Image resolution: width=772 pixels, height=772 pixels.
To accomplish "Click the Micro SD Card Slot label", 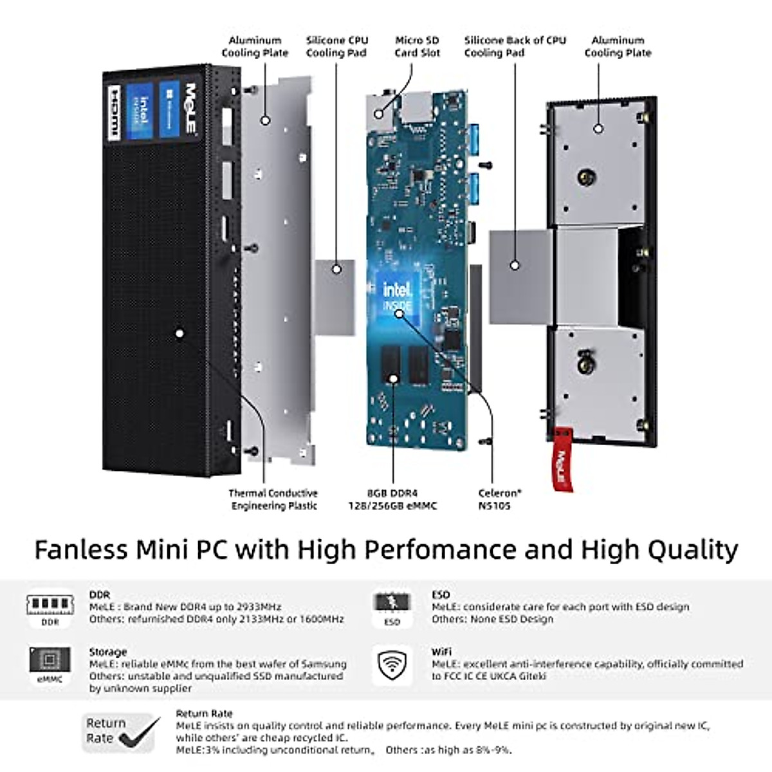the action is [417, 46].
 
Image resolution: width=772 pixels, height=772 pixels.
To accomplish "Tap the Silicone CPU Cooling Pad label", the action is [336, 46].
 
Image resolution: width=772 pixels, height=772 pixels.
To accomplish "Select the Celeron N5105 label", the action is [499, 499].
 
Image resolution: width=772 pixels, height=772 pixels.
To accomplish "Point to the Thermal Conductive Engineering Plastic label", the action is [273, 499].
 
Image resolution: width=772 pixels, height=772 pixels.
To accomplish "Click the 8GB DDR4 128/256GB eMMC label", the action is [392, 499].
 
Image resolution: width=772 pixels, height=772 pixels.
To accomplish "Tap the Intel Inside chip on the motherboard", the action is [398, 297].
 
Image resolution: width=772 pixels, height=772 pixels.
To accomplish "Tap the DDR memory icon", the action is [50, 606].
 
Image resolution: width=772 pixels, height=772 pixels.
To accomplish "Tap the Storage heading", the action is [107, 652].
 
